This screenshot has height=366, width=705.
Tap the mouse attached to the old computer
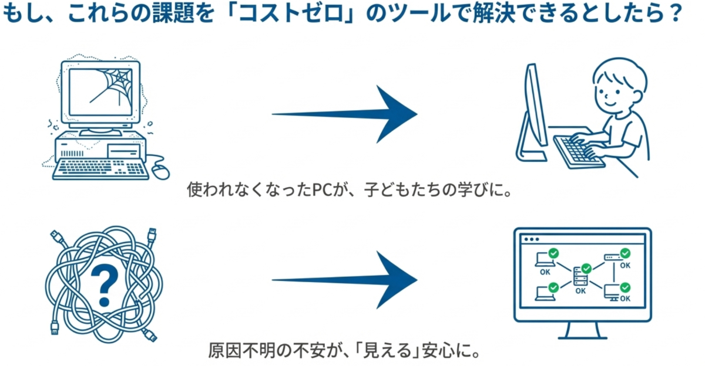tap(159, 170)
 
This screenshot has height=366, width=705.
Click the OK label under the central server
tap(580, 290)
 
